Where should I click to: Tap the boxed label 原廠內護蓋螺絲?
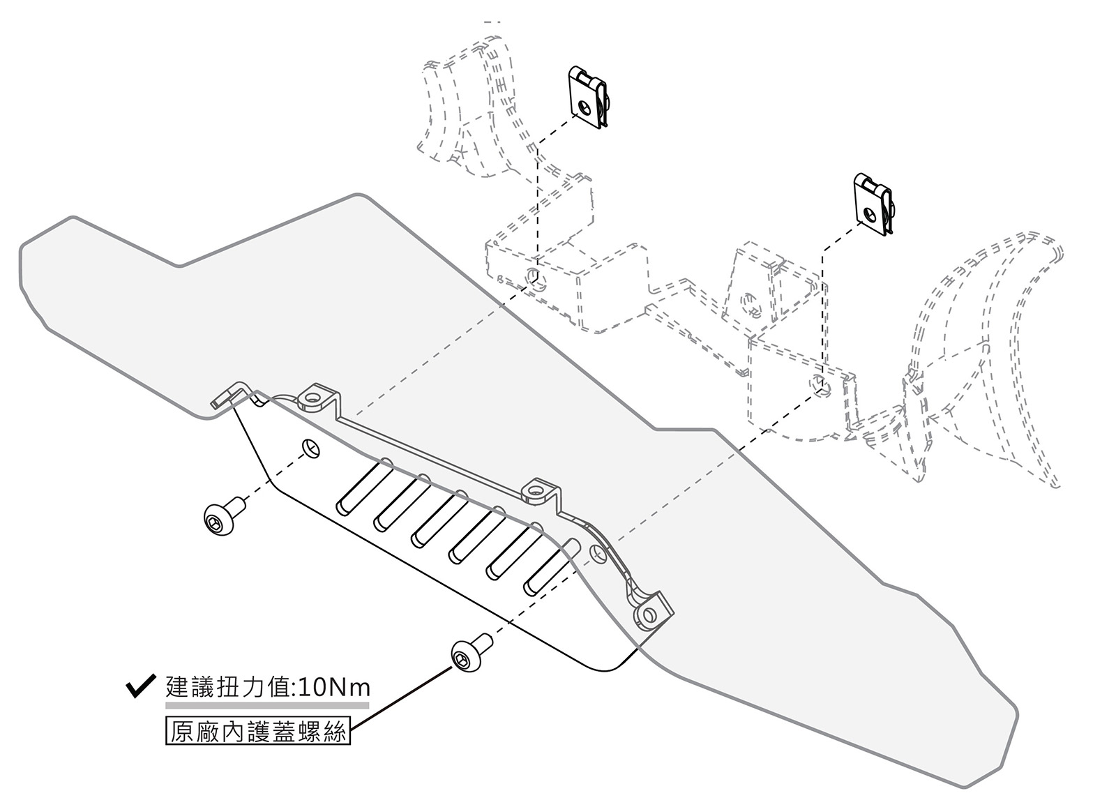[258, 732]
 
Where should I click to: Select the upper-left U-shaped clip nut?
[588, 98]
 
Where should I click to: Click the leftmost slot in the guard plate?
[363, 487]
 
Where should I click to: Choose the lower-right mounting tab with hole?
[650, 614]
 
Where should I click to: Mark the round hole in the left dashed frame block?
[534, 275]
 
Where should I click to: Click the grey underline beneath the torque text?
[267, 705]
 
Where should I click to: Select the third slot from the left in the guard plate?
[439, 519]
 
